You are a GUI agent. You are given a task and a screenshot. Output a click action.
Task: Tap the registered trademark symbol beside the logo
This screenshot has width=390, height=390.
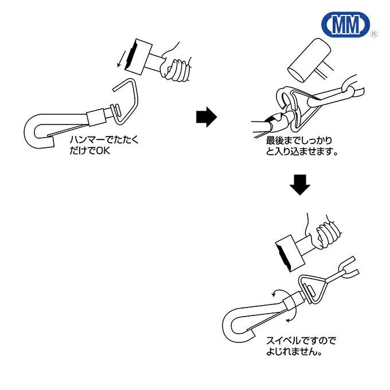[x=374, y=35]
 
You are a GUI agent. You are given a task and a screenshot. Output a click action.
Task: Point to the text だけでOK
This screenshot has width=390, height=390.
[x=89, y=153]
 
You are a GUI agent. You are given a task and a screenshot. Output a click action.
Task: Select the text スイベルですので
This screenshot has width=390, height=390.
[x=301, y=341]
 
